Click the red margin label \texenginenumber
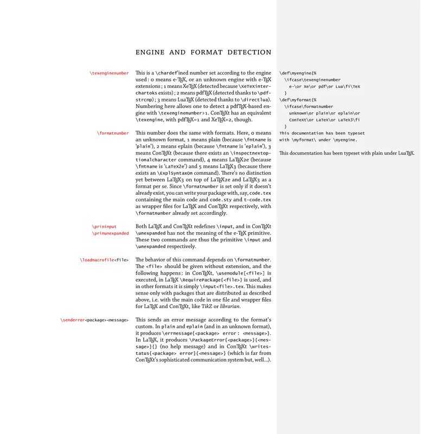click(109, 73)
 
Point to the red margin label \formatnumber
click(113, 133)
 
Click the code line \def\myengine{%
click(301, 73)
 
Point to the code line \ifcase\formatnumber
click(311, 106)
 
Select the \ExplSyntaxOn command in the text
click(178, 173)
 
